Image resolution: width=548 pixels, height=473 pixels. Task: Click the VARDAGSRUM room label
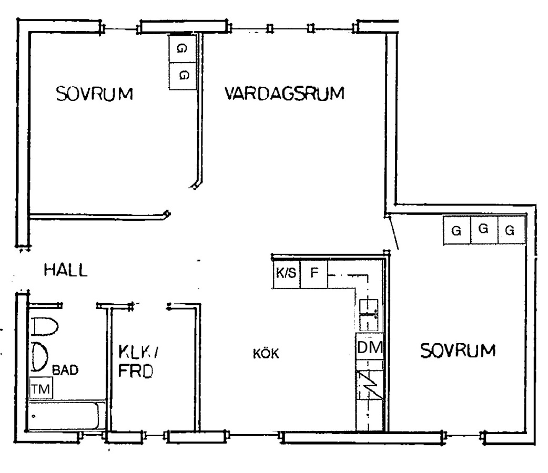[284, 94]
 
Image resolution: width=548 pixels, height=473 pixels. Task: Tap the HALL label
[65, 270]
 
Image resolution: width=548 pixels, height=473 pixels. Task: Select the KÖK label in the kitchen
[266, 354]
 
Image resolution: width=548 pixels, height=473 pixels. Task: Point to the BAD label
[65, 370]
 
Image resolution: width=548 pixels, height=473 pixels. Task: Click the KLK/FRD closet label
[138, 362]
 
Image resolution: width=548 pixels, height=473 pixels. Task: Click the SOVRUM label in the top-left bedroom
[94, 94]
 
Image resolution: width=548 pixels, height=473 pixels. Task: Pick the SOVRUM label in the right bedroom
[458, 351]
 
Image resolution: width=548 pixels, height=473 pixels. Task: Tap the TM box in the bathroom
[41, 388]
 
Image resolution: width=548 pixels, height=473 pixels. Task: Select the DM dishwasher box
[370, 347]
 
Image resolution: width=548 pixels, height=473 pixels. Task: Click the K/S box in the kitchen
[286, 273]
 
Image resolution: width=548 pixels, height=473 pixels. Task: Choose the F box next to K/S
[314, 273]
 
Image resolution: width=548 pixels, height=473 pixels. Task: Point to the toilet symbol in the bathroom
[45, 326]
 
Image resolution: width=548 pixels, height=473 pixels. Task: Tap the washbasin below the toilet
[39, 357]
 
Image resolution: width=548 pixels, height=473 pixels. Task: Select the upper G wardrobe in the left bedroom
[182, 48]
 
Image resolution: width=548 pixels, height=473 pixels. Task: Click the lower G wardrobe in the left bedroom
[182, 76]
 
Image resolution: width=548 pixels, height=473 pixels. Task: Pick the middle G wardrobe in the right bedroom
[484, 230]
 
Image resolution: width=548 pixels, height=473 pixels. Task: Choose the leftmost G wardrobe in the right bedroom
[457, 230]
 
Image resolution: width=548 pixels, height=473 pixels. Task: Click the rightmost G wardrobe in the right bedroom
[511, 230]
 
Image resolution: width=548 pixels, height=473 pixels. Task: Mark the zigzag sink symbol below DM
[369, 385]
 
